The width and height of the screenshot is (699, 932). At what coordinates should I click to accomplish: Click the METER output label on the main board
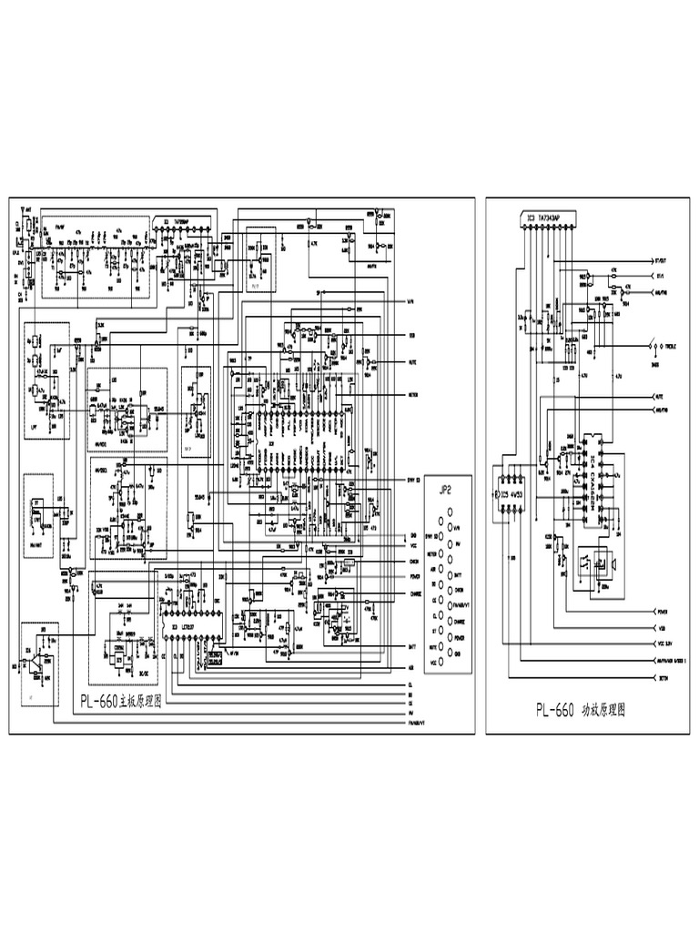pyautogui.click(x=412, y=395)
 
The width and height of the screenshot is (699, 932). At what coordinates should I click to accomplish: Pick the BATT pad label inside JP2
pyautogui.click(x=458, y=576)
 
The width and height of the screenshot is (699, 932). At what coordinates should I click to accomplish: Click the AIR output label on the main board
pyautogui.click(x=412, y=667)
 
